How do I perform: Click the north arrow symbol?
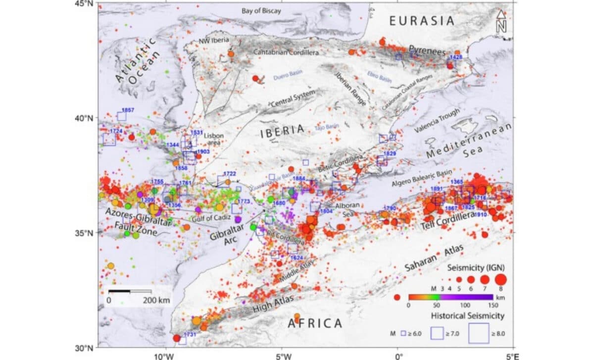tap(501, 22)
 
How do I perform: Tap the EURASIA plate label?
tap(421, 21)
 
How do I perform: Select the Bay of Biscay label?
tap(261, 10)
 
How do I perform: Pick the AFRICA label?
tap(315, 324)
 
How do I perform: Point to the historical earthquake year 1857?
tap(128, 110)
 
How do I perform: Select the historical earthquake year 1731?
tap(190, 335)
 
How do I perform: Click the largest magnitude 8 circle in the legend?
tap(500, 279)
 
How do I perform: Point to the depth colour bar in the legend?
tap(450, 297)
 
